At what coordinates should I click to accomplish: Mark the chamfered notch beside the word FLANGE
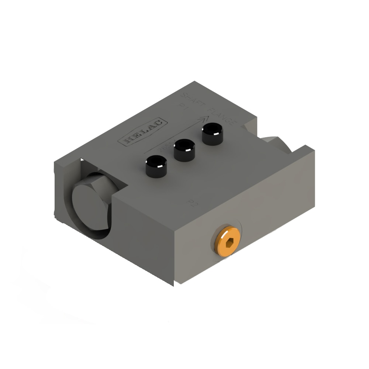click(x=248, y=128)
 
